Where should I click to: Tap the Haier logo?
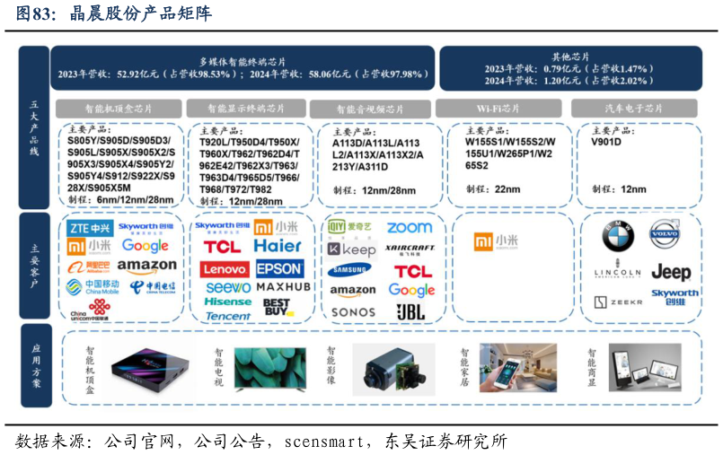point(278,246)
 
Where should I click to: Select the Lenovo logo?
point(224,268)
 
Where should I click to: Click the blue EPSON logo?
point(279,268)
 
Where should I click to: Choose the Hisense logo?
point(227,302)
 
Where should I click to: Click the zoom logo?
point(410,228)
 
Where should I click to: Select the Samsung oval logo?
point(349,269)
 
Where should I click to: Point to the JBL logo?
point(410,311)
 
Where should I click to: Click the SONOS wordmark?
point(353,312)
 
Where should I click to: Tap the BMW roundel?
point(618,237)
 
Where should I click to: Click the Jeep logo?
point(671,272)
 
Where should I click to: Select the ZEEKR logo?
point(619,302)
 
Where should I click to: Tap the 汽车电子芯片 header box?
point(635,109)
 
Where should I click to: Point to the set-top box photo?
point(143,369)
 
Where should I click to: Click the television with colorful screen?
point(270,368)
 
